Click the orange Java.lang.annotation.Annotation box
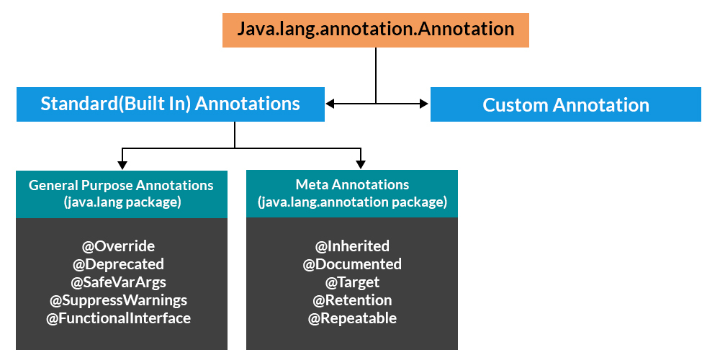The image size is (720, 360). [x=375, y=30]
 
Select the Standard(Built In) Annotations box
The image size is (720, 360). [x=170, y=104]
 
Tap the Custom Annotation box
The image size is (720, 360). [x=565, y=105]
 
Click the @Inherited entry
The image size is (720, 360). [x=352, y=246]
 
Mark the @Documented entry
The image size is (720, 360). [x=352, y=264]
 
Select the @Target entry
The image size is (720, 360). [x=352, y=282]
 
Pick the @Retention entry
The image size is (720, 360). [x=352, y=300]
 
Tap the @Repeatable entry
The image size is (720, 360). [x=352, y=318]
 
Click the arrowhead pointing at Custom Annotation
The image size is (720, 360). [x=424, y=104]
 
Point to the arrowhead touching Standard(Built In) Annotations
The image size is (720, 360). [x=330, y=104]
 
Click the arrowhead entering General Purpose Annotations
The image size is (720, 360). [x=123, y=164]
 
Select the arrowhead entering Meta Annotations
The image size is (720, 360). [x=359, y=164]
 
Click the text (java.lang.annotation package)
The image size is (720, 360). [x=352, y=203]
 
